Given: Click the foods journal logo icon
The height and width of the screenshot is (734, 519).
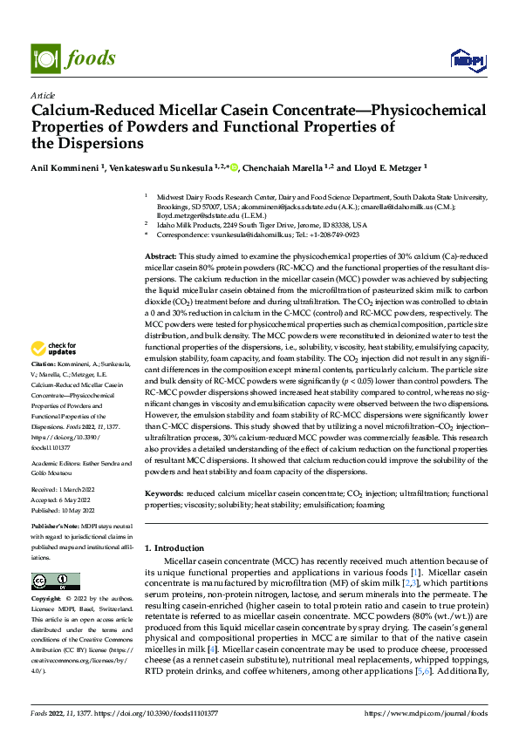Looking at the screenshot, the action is click(x=44, y=58).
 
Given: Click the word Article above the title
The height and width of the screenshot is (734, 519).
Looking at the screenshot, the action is click(x=43, y=95).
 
